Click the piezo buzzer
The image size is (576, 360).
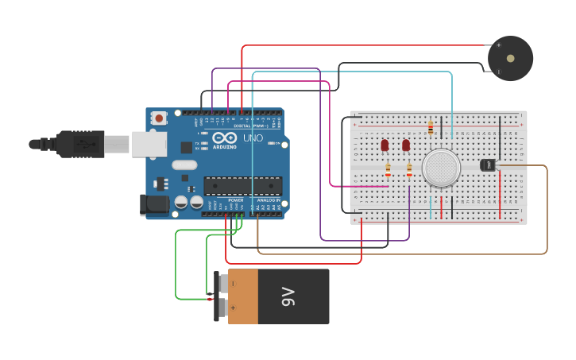510,58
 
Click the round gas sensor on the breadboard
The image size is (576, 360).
441,168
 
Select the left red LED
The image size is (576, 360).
385,145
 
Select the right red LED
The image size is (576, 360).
406,145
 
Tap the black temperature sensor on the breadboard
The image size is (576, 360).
488,165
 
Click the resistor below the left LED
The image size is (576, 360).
388,169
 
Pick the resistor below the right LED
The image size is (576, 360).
409,169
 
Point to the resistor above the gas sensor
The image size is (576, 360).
431,127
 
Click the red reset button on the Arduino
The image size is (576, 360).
159,118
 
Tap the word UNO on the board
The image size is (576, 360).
252,138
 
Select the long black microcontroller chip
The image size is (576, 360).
242,185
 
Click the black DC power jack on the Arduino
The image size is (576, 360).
153,204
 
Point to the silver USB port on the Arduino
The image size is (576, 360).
149,143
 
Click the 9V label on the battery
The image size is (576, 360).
287,296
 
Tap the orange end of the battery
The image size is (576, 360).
243,296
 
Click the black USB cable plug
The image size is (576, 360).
79,144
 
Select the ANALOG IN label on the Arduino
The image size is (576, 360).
268,199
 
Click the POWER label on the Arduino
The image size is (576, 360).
236,199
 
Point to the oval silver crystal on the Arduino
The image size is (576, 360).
184,165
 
